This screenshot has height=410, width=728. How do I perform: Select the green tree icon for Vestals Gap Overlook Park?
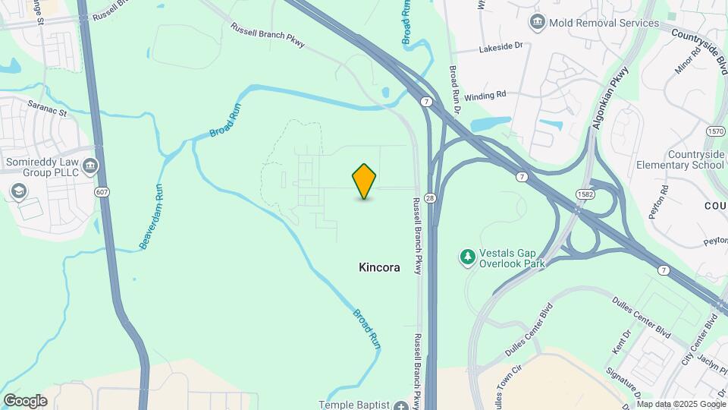point(468,258)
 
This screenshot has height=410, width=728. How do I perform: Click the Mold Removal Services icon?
point(538,23)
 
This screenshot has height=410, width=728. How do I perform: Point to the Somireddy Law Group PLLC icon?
point(90,165)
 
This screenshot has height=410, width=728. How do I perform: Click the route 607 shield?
point(102,192)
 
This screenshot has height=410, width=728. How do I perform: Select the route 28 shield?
point(430,197)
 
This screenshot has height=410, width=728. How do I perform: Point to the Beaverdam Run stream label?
point(152,221)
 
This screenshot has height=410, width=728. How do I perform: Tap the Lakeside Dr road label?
point(501,47)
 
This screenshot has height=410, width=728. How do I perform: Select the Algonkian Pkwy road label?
point(611,98)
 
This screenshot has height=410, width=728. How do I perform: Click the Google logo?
point(25,400)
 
